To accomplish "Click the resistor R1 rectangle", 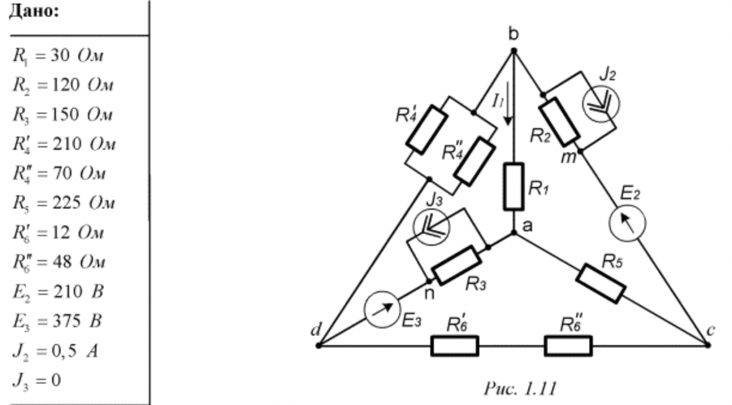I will click(x=514, y=186).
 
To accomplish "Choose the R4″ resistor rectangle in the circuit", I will click(x=475, y=162).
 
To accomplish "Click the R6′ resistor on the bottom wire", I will click(x=454, y=346).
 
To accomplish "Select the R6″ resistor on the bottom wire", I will click(x=568, y=346).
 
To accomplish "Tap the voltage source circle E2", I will click(x=627, y=221).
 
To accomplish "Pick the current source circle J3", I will click(x=431, y=226).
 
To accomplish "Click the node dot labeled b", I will click(x=514, y=50).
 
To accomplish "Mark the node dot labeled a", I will click(x=514, y=233).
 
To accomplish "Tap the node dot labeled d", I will click(x=318, y=346).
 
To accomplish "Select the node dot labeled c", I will click(x=707, y=345).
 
